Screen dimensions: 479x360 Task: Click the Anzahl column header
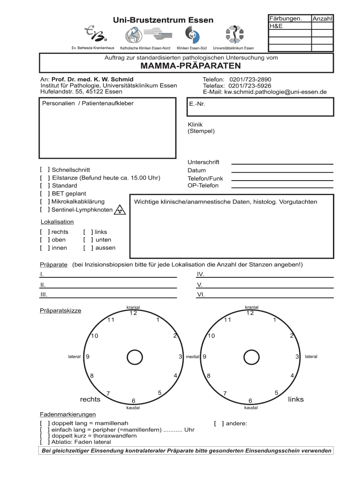tap(322, 18)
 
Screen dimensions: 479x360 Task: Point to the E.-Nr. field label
tap(197, 104)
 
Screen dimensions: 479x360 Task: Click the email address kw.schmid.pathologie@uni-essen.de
tap(275, 92)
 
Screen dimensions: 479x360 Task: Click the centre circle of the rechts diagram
tap(135, 357)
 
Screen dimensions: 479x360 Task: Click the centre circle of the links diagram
tap(252, 357)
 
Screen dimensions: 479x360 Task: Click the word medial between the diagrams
tap(193, 357)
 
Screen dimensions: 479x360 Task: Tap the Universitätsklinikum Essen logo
tap(233, 35)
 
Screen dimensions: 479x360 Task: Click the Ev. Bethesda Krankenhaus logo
tap(93, 33)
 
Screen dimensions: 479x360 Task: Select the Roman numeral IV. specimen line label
tap(200, 275)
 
